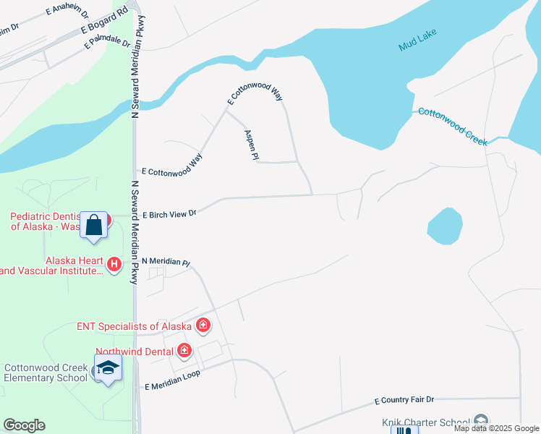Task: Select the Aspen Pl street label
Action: click(x=252, y=145)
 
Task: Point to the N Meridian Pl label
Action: click(x=165, y=262)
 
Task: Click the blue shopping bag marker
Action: click(x=94, y=225)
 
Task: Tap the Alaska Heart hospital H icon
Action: click(x=114, y=265)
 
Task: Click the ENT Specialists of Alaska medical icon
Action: click(x=203, y=325)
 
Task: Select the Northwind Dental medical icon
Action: click(x=184, y=351)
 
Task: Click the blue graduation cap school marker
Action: click(x=108, y=367)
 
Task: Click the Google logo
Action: click(x=24, y=425)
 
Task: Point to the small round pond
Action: click(x=445, y=226)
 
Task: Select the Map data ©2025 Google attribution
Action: click(x=496, y=428)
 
